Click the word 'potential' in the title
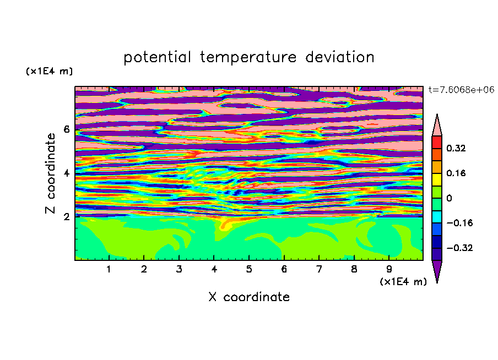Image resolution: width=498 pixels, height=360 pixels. (x=157, y=58)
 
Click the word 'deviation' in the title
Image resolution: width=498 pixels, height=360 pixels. (x=340, y=57)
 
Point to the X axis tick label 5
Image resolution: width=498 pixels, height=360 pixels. (x=249, y=269)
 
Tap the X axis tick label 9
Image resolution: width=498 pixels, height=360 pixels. (x=389, y=269)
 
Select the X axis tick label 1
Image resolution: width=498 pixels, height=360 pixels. (x=109, y=269)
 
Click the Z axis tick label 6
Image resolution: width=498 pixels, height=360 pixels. (x=66, y=129)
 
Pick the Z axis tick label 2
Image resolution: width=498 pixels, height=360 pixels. (x=66, y=216)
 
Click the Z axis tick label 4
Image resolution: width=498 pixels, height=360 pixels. (x=66, y=173)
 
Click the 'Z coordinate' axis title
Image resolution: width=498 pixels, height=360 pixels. (x=50, y=173)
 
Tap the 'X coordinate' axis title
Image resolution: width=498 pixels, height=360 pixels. (x=249, y=297)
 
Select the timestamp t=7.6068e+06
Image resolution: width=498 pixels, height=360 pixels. (x=461, y=90)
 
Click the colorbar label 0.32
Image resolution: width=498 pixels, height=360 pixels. (x=456, y=148)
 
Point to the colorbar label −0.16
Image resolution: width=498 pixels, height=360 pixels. (x=459, y=223)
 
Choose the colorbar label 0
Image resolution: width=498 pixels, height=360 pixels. (x=449, y=198)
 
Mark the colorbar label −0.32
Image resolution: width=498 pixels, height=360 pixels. (x=459, y=248)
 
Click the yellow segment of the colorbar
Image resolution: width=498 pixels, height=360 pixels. (x=437, y=179)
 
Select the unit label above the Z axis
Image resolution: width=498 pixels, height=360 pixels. (x=49, y=71)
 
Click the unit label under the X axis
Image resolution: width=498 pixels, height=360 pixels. (x=403, y=282)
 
